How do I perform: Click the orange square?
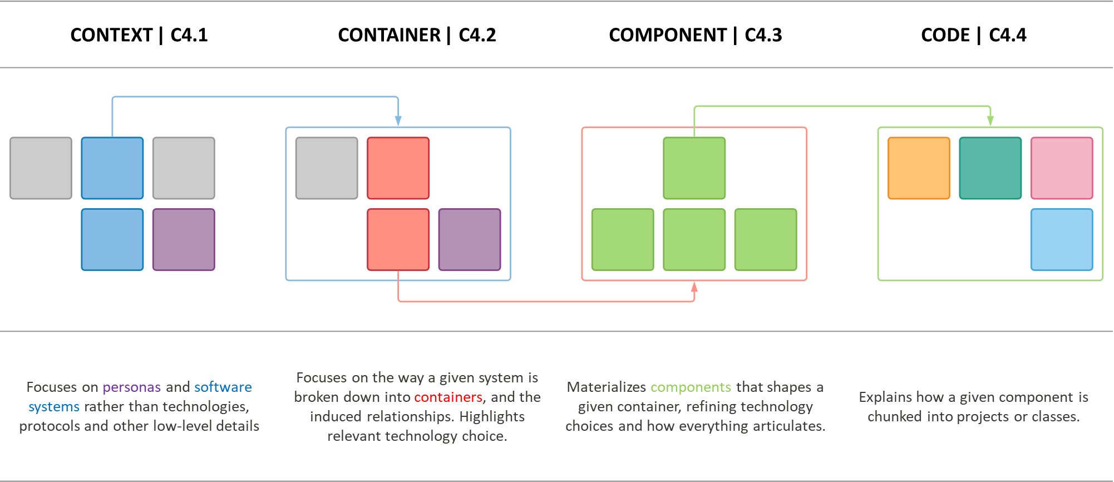pyautogui.click(x=919, y=168)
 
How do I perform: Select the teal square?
pyautogui.click(x=990, y=168)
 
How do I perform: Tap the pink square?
pyautogui.click(x=1062, y=168)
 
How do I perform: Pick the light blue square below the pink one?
pyautogui.click(x=1062, y=239)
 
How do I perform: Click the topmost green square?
pyautogui.click(x=694, y=168)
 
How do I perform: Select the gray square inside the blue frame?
pyautogui.click(x=327, y=168)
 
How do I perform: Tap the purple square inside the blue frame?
pyautogui.click(x=470, y=239)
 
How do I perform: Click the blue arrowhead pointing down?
pyautogui.click(x=398, y=121)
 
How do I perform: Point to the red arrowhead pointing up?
pyautogui.click(x=694, y=287)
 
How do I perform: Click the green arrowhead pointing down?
pyautogui.click(x=990, y=121)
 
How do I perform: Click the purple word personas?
pyautogui.click(x=131, y=387)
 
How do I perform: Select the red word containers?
pyautogui.click(x=448, y=397)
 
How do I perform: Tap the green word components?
pyautogui.click(x=691, y=387)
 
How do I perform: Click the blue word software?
pyautogui.click(x=223, y=387)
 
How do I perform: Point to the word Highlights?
pyautogui.click(x=492, y=416)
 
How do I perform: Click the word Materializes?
pyautogui.click(x=606, y=387)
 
